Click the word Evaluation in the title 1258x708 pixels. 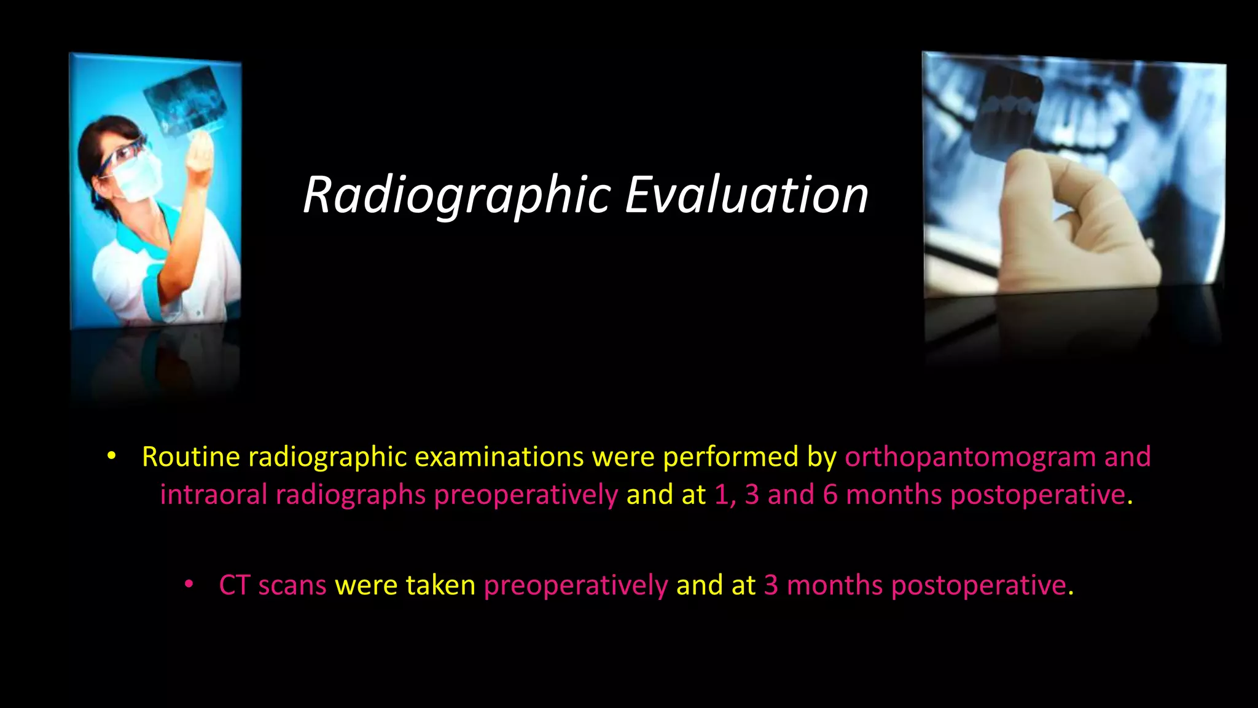coord(746,195)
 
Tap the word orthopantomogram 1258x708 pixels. coord(970,457)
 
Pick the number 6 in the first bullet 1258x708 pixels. coord(830,495)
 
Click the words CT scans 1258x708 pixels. coord(272,585)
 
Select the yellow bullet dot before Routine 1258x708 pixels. coord(111,456)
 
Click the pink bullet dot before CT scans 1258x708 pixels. coord(189,583)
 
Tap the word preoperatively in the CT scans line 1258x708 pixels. coord(576,585)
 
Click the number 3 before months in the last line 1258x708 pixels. coord(770,585)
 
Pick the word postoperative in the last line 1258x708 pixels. coord(978,585)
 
